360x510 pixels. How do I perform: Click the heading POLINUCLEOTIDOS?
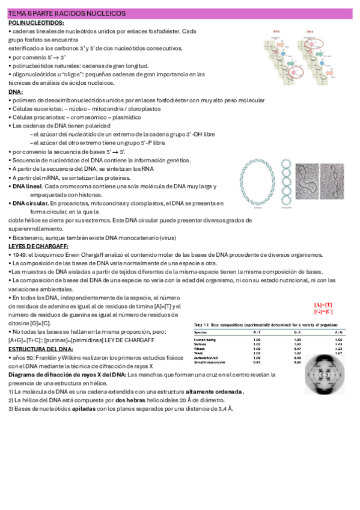click(x=36, y=22)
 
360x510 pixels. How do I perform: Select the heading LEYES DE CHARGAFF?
click(x=38, y=246)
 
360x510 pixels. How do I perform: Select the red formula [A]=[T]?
click(x=323, y=305)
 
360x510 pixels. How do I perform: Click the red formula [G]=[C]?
click(x=323, y=312)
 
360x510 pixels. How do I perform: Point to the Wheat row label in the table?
click(x=200, y=348)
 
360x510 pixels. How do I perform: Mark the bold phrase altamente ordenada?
click(x=215, y=392)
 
